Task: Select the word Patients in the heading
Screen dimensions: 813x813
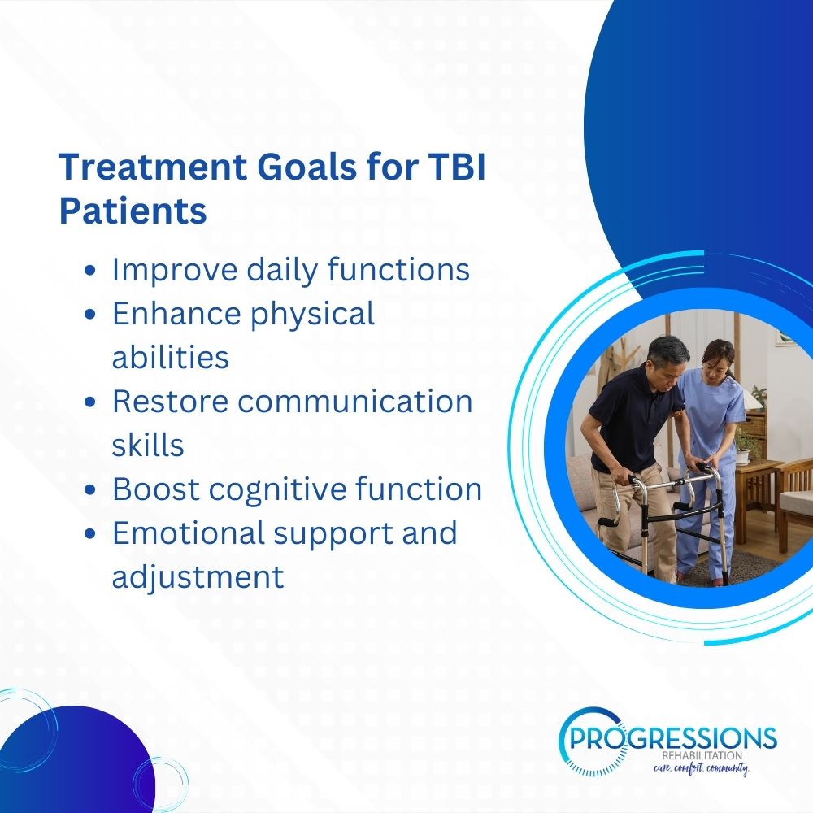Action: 133,211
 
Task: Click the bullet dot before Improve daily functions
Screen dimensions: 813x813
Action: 90,270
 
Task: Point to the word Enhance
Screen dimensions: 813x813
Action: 176,313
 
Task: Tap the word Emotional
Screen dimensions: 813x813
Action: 189,533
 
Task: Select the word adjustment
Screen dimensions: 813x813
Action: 198,577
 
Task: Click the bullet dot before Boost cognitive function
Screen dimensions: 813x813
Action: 90,489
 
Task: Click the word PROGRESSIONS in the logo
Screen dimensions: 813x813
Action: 672,737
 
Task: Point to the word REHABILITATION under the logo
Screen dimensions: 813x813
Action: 702,756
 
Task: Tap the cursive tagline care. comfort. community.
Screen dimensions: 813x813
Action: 701,768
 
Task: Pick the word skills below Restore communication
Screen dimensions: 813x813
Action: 148,446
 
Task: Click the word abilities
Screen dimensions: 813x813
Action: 171,357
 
